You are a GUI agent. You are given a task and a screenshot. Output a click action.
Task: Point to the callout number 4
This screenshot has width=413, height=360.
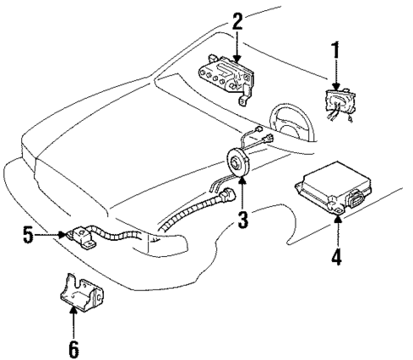click(x=337, y=256)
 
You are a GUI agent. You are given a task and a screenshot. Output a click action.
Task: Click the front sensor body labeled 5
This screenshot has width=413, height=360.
click(x=80, y=235)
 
